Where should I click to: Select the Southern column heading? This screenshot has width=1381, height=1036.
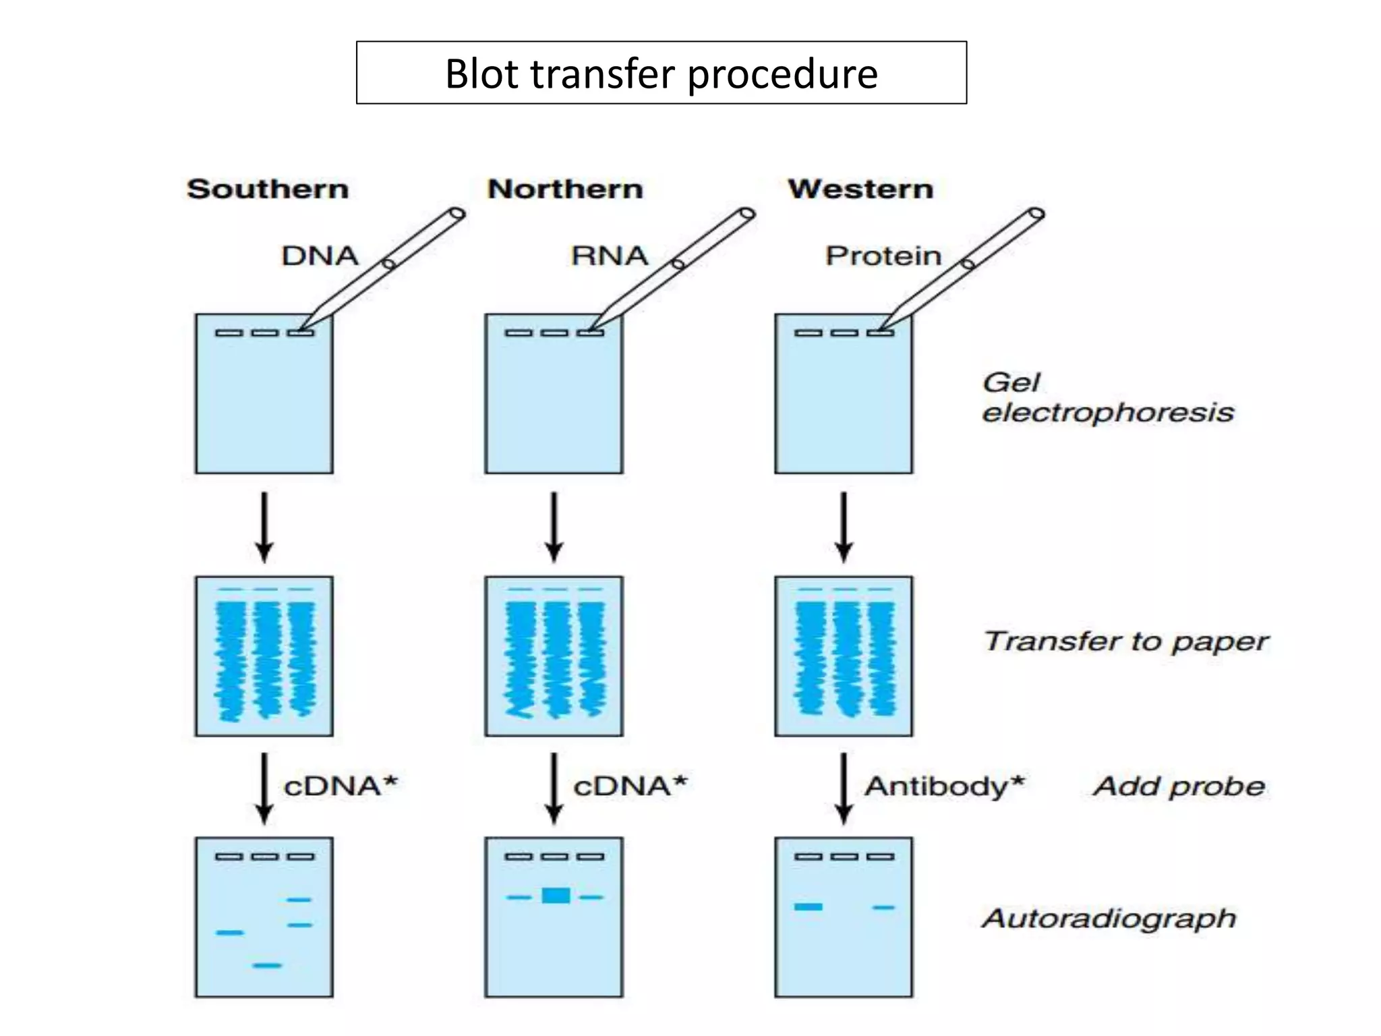coord(268,189)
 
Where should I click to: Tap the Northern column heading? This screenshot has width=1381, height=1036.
coord(565,189)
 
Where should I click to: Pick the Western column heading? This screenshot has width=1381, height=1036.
coord(860,189)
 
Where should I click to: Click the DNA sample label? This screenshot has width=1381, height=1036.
coord(320,256)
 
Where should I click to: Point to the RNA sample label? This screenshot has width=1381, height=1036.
coord(609,256)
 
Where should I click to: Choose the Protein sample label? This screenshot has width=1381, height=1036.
coord(883,256)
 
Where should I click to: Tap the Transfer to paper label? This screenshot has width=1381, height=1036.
coord(1126,641)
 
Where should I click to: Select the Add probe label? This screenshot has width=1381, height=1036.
coord(1179,786)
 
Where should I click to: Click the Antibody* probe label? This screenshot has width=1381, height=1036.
coord(944,786)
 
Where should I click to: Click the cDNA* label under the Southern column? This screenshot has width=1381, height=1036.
coord(341,786)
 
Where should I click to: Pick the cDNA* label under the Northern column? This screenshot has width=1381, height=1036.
coord(630,786)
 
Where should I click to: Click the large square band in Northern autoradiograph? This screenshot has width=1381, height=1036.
coord(556,896)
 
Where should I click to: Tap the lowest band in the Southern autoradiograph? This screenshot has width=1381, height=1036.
coord(267,966)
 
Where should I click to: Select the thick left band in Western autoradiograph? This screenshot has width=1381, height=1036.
coord(808,907)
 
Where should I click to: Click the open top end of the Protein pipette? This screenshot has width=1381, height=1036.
coord(1036,214)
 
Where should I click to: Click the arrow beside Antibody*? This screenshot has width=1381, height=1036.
coord(844,788)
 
